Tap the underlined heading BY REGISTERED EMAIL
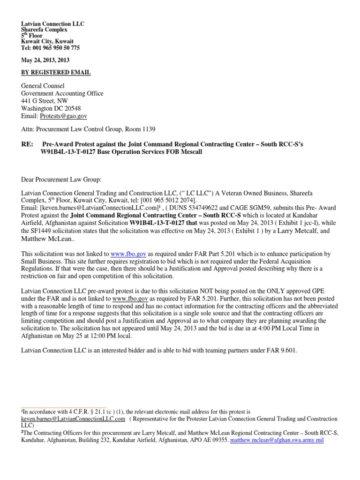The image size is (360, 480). click(56, 73)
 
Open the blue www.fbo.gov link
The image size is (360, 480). click(128, 253)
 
